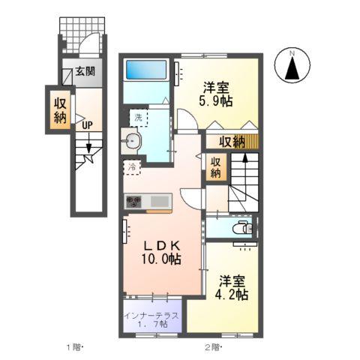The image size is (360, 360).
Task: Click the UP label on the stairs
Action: click(x=87, y=125)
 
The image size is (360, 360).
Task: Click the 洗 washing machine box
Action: click(x=139, y=117)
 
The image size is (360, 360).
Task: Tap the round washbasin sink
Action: click(x=133, y=141)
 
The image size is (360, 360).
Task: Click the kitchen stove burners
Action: click(x=133, y=201)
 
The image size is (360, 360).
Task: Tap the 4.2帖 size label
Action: click(x=233, y=295)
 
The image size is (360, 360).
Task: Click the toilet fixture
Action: click(x=241, y=229)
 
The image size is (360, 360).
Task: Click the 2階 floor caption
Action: click(x=212, y=346)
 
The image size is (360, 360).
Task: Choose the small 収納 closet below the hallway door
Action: click(x=215, y=166)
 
